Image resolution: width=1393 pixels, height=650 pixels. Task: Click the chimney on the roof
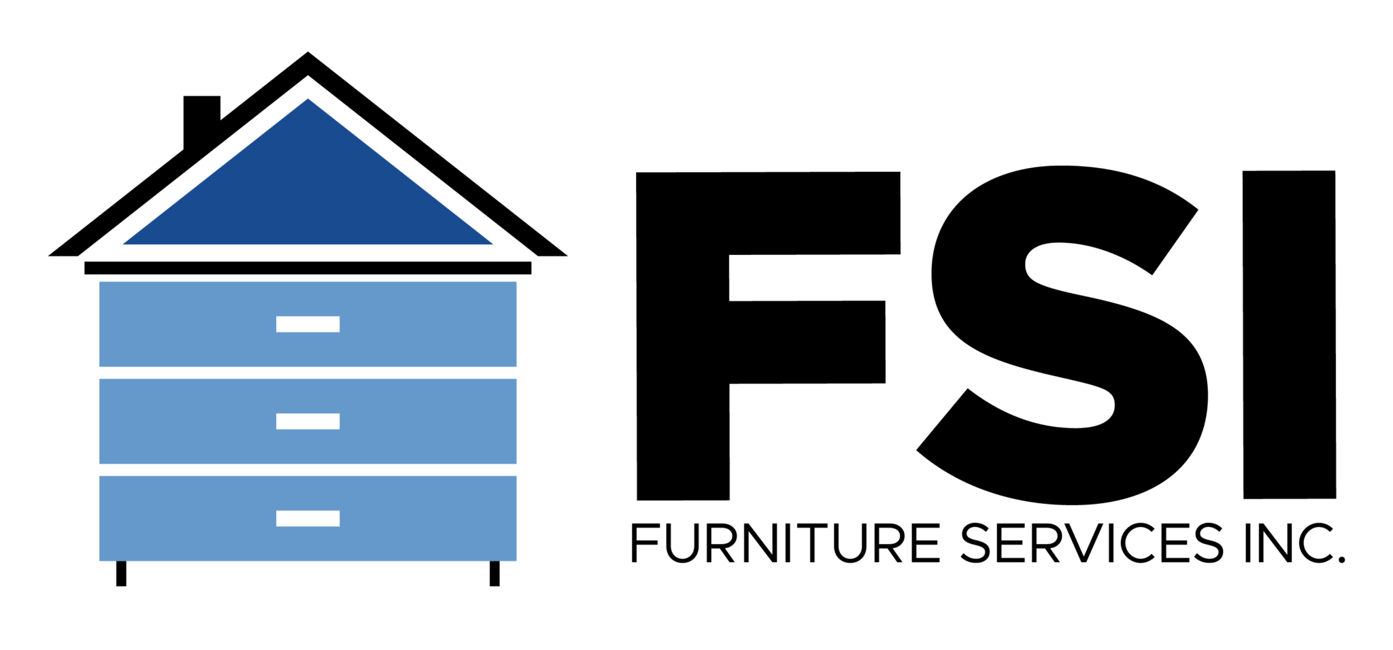201,119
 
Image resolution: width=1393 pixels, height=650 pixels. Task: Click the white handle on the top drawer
308,324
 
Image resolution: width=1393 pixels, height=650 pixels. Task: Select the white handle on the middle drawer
308,422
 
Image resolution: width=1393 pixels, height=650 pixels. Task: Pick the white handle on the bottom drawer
308,519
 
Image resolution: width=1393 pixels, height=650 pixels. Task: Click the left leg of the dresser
121,573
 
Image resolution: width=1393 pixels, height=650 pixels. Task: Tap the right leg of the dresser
494,573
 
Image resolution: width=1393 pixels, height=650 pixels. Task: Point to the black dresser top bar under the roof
307,268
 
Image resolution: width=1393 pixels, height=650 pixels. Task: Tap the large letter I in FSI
1289,335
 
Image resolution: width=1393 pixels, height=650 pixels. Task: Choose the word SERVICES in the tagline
1092,543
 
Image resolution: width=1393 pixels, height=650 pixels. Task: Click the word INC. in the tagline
1295,543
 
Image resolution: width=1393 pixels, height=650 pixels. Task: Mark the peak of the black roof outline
308,52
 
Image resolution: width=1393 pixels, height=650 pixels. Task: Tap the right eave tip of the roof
567,256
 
